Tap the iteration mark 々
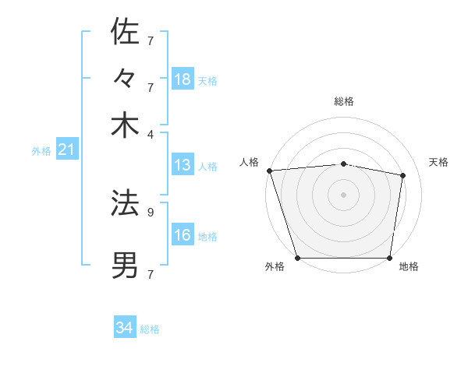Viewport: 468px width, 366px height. pyautogui.click(x=125, y=79)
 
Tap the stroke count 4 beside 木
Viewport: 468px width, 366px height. pyautogui.click(x=151, y=134)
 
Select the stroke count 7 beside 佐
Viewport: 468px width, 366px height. pyautogui.click(x=151, y=40)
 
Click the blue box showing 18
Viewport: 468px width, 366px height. pyautogui.click(x=183, y=79)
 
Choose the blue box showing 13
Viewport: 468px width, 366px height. pyautogui.click(x=183, y=165)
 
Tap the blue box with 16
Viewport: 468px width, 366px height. pyautogui.click(x=183, y=235)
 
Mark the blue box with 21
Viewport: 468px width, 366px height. pyautogui.click(x=66, y=150)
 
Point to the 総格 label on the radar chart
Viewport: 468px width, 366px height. pyautogui.click(x=343, y=102)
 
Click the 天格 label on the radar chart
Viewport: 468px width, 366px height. pyautogui.click(x=438, y=162)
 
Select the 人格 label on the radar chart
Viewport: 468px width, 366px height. pyautogui.click(x=250, y=162)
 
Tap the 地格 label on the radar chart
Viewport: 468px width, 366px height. pyautogui.click(x=409, y=267)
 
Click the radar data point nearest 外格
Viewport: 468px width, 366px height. pyautogui.click(x=297, y=257)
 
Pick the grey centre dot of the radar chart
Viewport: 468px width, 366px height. pyautogui.click(x=343, y=194)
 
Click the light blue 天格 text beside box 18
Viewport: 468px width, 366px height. pyautogui.click(x=207, y=80)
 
